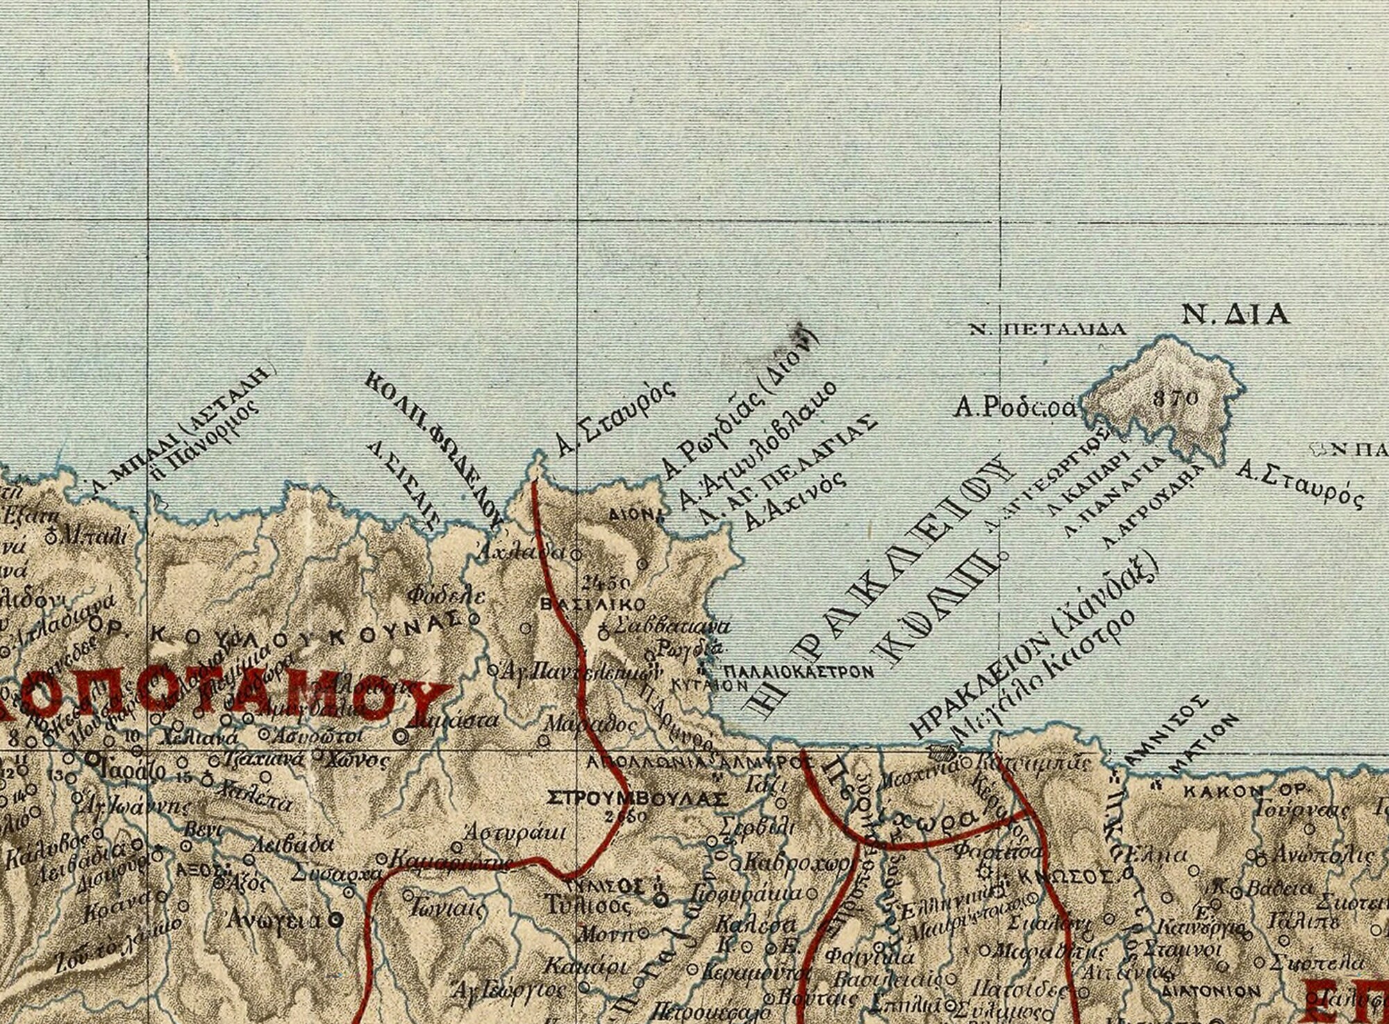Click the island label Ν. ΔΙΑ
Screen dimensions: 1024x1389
click(x=1236, y=316)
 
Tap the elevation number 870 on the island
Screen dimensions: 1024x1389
click(x=1174, y=399)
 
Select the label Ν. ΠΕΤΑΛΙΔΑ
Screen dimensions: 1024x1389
click(x=1047, y=330)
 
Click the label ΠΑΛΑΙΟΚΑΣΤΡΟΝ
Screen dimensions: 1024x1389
click(x=798, y=672)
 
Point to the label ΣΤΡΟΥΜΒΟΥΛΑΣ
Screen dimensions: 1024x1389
click(x=637, y=799)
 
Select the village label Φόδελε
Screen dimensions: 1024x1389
click(x=445, y=595)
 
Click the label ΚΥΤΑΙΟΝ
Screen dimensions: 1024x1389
click(x=709, y=684)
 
